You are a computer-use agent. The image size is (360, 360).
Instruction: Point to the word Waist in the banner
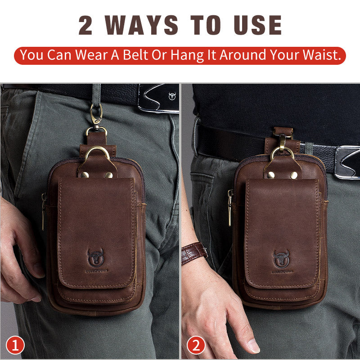pos(318,55)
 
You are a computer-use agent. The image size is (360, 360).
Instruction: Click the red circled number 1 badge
pos(15,346)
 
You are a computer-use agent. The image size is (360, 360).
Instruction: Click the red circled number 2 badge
pos(196,346)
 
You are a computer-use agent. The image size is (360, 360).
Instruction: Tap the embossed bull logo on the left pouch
pos(95,257)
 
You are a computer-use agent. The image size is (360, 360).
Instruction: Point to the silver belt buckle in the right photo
pos(347,162)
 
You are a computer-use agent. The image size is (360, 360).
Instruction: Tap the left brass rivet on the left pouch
pos(84,175)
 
